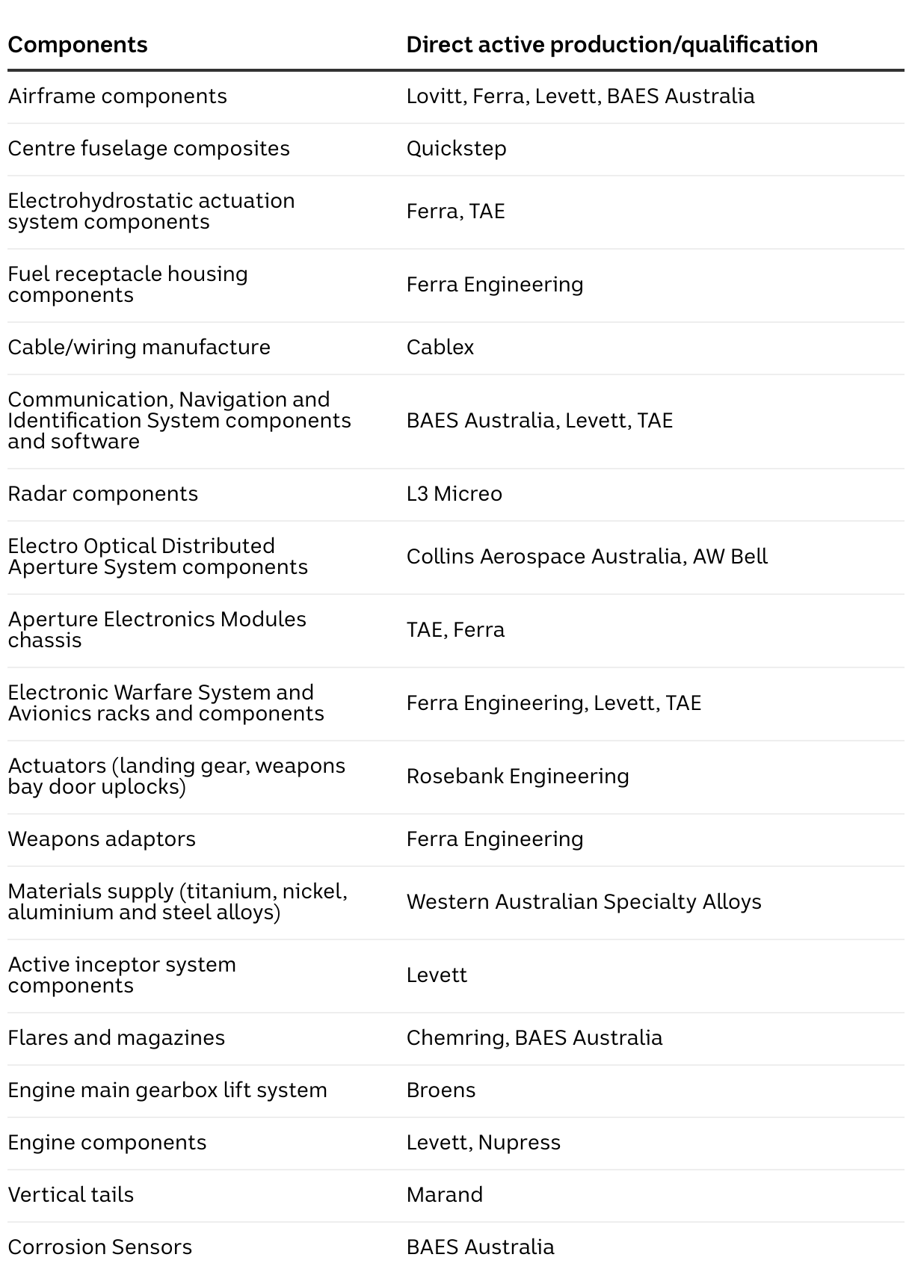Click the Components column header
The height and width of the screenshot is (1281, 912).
coord(78,45)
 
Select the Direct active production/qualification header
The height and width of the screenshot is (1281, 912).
coord(611,45)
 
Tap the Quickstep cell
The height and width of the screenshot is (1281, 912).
coord(456,149)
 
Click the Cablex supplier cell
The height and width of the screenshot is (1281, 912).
coord(440,348)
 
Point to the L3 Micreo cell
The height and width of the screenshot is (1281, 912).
coord(454,494)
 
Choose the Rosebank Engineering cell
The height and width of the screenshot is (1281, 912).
coord(517,777)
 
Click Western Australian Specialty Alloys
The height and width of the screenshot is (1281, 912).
coord(583,902)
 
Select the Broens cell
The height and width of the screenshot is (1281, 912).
coord(440,1090)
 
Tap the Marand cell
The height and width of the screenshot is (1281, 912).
coord(444,1195)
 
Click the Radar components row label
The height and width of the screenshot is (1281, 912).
coord(102,494)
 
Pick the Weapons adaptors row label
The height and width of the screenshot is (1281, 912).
coord(102,839)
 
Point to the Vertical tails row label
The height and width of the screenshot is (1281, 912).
coord(70,1195)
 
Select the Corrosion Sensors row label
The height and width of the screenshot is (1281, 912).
coord(99,1247)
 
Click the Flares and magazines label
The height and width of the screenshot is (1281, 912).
coord(116,1038)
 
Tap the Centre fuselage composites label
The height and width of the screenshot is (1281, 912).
coord(148,149)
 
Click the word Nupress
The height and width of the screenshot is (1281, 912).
coord(519,1143)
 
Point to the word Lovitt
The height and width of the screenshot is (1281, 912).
coord(434,96)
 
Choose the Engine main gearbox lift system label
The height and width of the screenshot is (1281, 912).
coord(167,1090)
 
